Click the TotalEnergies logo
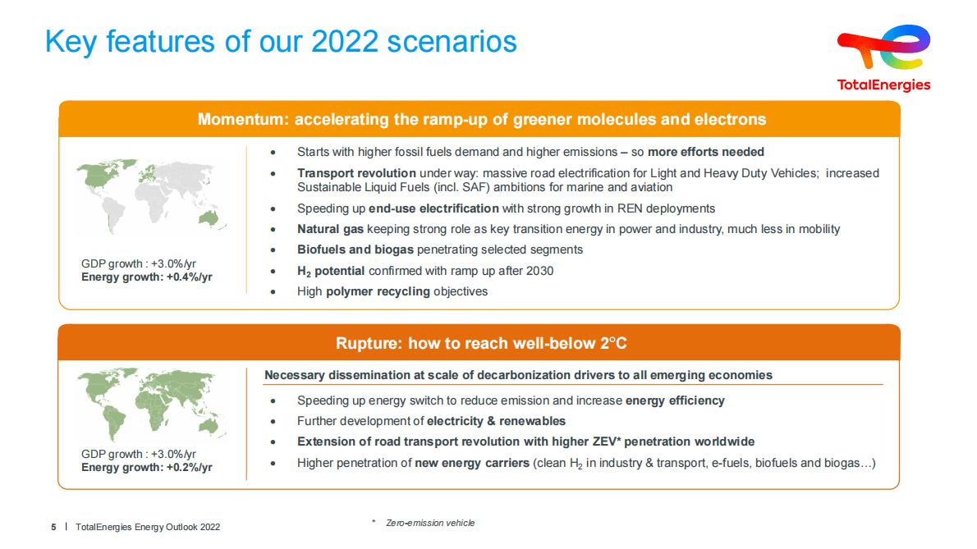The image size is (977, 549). tap(883, 57)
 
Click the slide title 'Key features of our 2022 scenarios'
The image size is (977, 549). tap(281, 41)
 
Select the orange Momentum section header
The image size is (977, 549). tap(481, 120)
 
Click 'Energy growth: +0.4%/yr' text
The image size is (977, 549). tap(147, 277)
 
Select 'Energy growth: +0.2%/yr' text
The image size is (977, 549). tap(147, 468)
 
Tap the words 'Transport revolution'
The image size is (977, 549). tap(356, 173)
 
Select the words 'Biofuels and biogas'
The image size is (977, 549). tap(355, 249)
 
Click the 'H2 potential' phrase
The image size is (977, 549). tap(331, 271)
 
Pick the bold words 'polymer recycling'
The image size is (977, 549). tap(378, 291)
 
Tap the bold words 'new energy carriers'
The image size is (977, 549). tap(472, 463)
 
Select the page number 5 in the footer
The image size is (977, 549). tap(54, 527)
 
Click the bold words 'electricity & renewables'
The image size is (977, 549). tap(496, 421)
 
